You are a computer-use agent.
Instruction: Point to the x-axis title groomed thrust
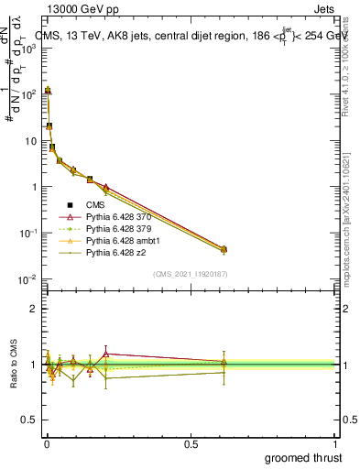click(x=304, y=457)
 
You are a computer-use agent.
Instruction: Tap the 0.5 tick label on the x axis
click(x=191, y=443)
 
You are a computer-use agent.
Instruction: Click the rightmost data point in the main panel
click(x=224, y=249)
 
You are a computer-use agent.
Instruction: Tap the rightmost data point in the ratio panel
click(x=224, y=365)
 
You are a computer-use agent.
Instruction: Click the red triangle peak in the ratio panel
click(x=106, y=353)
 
